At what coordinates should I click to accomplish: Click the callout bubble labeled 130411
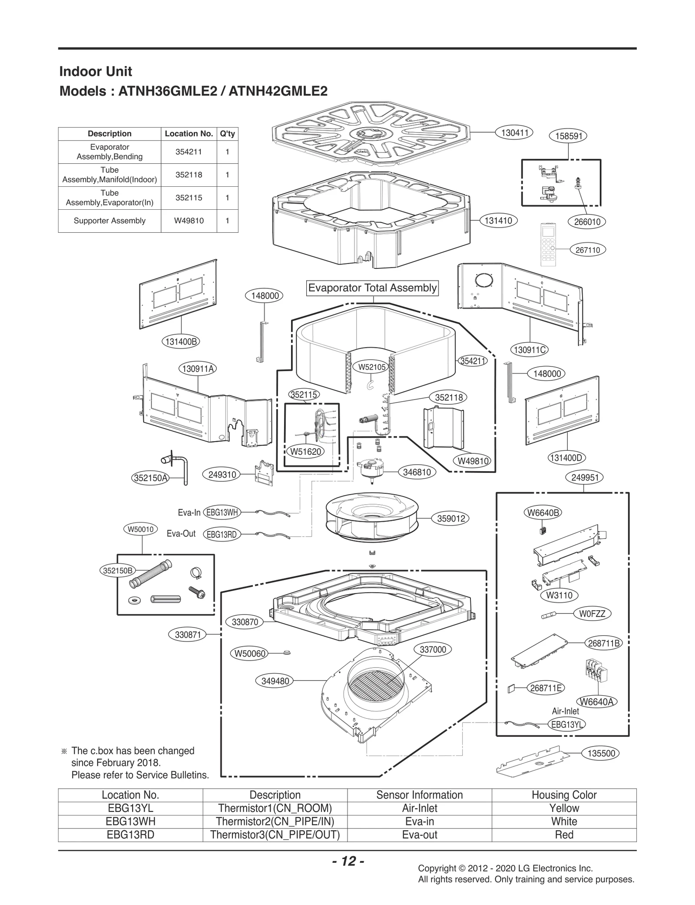coord(514,133)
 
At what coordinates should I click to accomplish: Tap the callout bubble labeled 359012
coord(451,519)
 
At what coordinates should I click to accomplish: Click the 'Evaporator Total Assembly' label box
coord(372,288)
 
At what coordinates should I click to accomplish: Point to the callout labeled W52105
coord(372,367)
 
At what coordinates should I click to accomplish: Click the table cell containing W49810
coord(189,221)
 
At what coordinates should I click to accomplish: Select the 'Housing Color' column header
coord(564,795)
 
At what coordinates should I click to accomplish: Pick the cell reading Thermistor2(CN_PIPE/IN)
coord(275,822)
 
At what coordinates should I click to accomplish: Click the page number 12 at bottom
coord(348,861)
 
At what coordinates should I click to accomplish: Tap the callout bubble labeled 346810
coord(417,472)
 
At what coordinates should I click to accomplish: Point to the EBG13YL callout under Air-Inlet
coord(566,724)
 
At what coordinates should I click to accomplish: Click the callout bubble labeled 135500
coord(601,753)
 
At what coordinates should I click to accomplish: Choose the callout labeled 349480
coord(275,681)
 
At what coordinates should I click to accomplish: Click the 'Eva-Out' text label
coord(181,534)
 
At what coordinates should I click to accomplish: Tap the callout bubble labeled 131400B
coord(182,342)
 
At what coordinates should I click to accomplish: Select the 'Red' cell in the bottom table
coord(564,835)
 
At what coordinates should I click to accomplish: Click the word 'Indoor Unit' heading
coord(96,72)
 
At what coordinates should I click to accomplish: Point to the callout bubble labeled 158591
coord(569,136)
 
